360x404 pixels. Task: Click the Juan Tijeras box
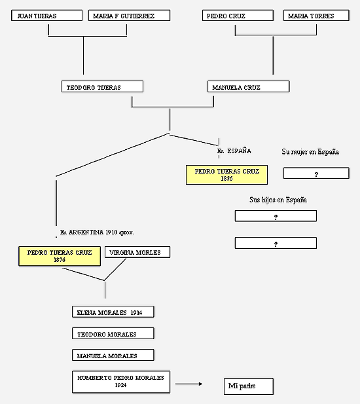pyautogui.click(x=47, y=16)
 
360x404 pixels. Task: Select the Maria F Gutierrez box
pyautogui.click(x=129, y=16)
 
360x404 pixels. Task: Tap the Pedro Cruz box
pyautogui.click(x=238, y=16)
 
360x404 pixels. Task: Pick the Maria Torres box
pyautogui.click(x=317, y=16)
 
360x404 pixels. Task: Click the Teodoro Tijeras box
pyautogui.click(x=103, y=86)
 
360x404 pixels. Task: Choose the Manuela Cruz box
pyautogui.click(x=249, y=86)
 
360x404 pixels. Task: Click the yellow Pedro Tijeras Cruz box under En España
pyautogui.click(x=227, y=175)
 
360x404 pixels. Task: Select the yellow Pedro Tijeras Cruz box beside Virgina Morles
pyautogui.click(x=60, y=256)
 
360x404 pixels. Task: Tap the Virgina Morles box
pyautogui.click(x=137, y=252)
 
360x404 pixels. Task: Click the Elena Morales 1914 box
pyautogui.click(x=113, y=312)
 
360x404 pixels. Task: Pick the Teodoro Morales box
pyautogui.click(x=113, y=334)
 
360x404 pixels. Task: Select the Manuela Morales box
pyautogui.click(x=113, y=356)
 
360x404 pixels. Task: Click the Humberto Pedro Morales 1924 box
pyautogui.click(x=121, y=382)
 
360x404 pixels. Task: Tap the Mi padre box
pyautogui.click(x=249, y=386)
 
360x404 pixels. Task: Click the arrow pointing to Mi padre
pyautogui.click(x=189, y=384)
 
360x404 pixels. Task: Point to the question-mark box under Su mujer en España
pyautogui.click(x=317, y=173)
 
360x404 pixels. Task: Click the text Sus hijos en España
pyautogui.click(x=278, y=200)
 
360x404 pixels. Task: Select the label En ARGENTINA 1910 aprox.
pyautogui.click(x=97, y=232)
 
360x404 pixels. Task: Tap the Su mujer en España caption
pyautogui.click(x=310, y=152)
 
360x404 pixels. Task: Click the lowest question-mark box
pyautogui.click(x=276, y=243)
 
